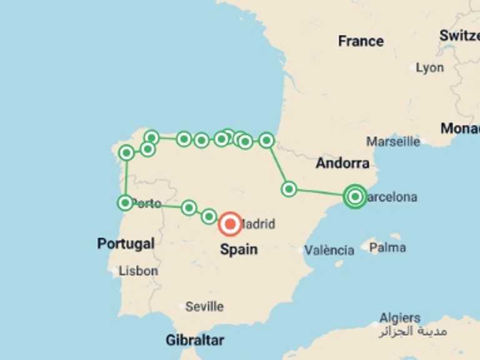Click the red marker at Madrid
click(x=231, y=224)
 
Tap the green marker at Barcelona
click(x=355, y=197)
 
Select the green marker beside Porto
click(x=126, y=202)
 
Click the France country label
click(x=361, y=41)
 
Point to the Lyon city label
click(x=430, y=67)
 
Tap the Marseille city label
click(x=393, y=141)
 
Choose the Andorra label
click(x=342, y=164)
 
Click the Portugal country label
click(x=126, y=243)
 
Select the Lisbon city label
click(x=138, y=271)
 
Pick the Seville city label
click(x=204, y=307)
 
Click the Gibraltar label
click(x=194, y=341)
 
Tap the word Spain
click(x=238, y=249)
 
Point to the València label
click(x=329, y=251)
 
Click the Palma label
click(x=387, y=247)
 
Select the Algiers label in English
click(x=400, y=318)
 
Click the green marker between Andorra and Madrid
click(x=288, y=188)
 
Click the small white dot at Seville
click(x=182, y=307)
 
